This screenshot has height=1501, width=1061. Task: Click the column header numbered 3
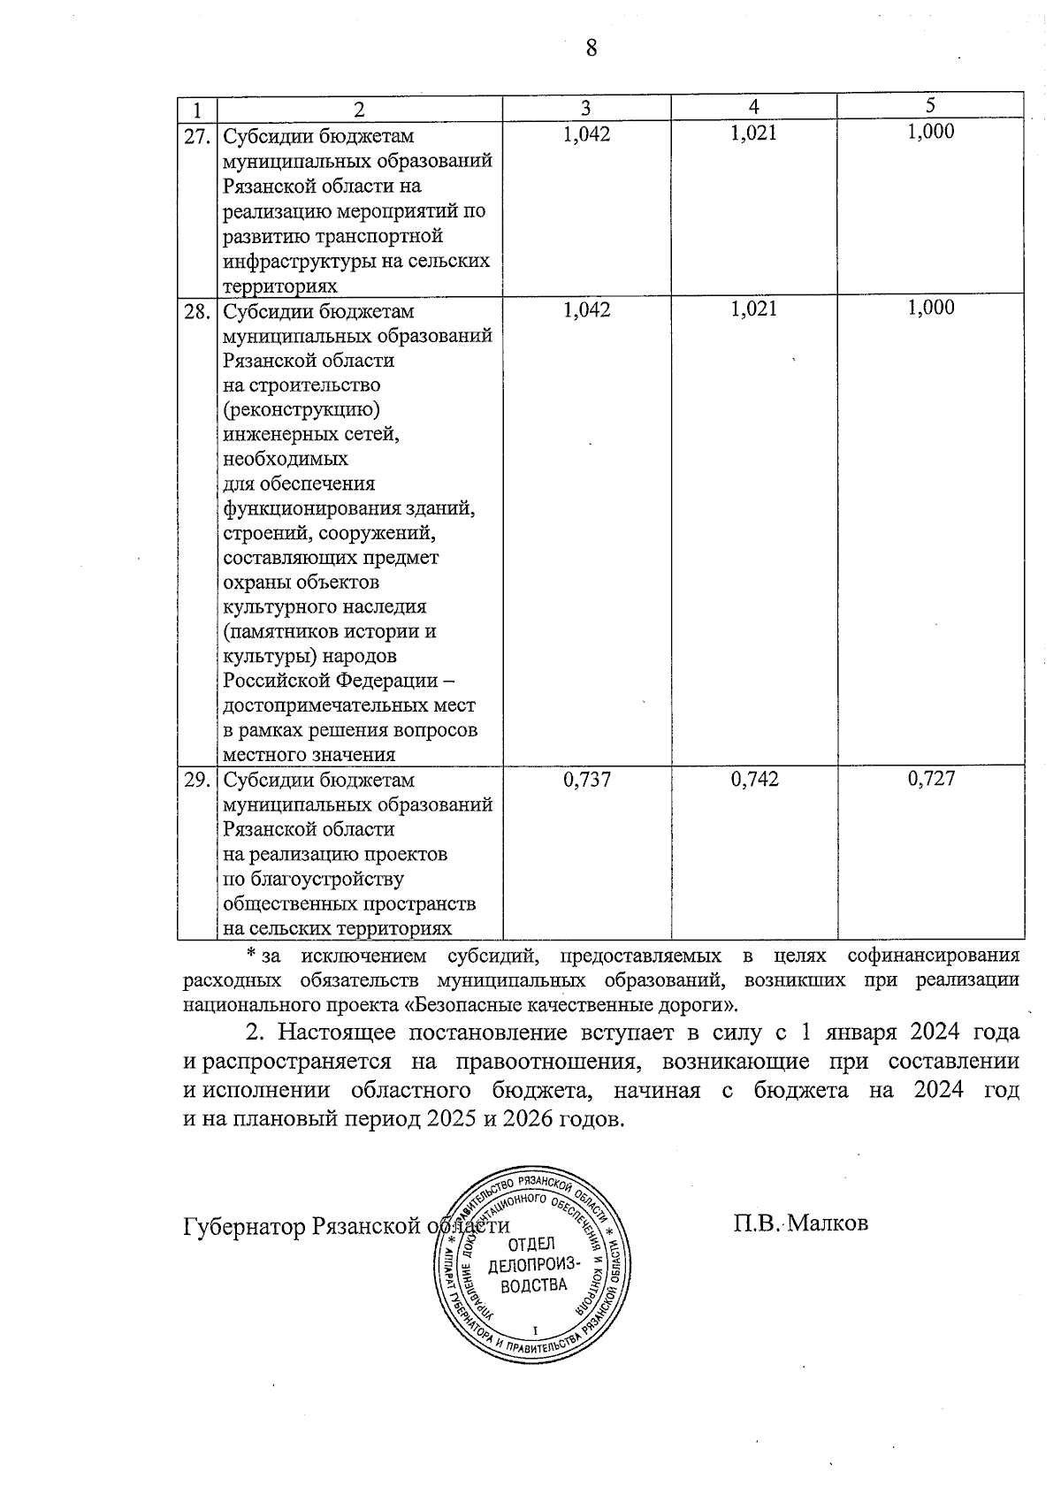click(585, 108)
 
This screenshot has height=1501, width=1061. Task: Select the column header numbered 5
click(930, 105)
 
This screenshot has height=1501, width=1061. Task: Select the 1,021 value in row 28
click(754, 309)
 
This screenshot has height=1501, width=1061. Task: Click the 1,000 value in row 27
click(930, 132)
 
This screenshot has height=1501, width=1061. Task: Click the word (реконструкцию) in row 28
click(302, 410)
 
